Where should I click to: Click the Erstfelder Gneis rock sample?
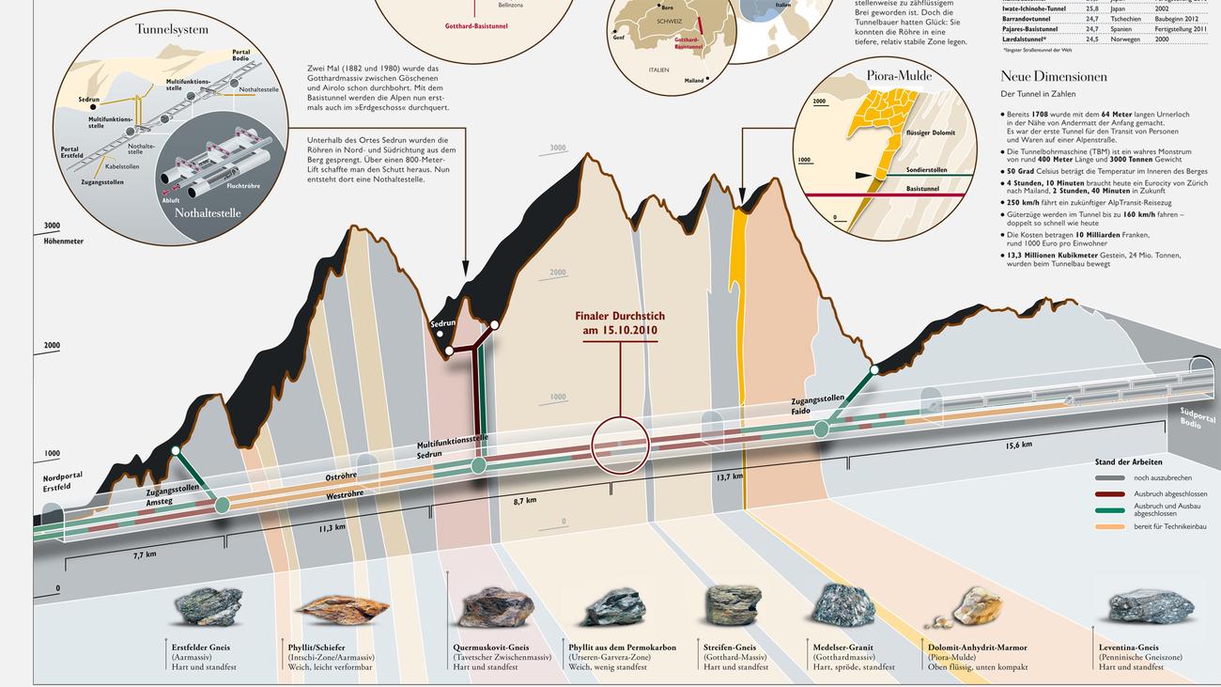209,606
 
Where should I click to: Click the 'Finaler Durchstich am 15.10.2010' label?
620,323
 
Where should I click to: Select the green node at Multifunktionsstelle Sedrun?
479,464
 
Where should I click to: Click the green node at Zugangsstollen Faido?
822,429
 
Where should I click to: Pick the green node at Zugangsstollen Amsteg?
223,505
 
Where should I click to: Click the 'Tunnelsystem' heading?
172,29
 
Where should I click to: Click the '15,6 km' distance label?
1019,445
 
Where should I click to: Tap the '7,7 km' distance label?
145,554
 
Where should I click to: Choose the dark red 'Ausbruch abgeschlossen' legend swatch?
1110,493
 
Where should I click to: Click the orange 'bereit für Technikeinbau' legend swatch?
1110,526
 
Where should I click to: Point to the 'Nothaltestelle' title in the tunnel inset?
208,212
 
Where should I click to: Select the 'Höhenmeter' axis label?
64,242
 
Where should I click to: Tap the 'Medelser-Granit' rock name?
844,648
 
